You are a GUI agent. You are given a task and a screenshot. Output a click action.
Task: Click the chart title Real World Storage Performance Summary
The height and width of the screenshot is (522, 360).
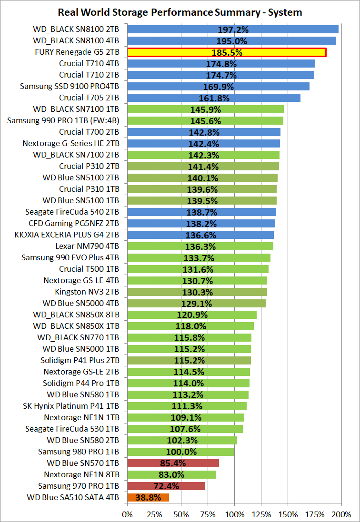[180, 12]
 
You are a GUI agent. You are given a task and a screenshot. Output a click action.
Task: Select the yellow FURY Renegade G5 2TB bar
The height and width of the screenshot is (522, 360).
[227, 52]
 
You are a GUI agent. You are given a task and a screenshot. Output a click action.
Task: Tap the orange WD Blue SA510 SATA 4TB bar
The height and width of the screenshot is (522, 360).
[148, 497]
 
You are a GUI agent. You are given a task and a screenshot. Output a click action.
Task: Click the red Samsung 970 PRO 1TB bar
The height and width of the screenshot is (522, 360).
[166, 486]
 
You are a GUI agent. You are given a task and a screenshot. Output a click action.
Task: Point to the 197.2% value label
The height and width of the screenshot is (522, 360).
[233, 30]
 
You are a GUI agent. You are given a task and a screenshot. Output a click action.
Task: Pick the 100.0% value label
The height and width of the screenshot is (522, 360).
[181, 452]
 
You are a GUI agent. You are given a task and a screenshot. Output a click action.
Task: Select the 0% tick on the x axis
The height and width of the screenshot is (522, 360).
[127, 514]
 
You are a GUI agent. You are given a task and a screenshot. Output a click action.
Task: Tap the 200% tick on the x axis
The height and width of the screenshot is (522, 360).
[341, 514]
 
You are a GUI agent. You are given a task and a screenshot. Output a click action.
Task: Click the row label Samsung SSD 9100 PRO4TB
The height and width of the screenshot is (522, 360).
[70, 86]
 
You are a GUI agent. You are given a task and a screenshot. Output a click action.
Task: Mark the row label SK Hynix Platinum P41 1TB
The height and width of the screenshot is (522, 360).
[71, 406]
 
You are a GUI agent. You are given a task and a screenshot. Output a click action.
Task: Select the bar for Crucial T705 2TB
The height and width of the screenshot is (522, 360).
[214, 98]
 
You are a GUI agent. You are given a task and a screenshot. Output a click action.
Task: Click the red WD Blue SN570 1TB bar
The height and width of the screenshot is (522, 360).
[173, 463]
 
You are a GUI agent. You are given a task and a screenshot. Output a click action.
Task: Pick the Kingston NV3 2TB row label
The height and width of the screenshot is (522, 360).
[87, 292]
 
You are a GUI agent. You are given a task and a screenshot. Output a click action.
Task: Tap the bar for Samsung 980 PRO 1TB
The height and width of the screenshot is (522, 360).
[181, 452]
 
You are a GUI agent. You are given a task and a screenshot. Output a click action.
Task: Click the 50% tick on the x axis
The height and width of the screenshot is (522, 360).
[181, 514]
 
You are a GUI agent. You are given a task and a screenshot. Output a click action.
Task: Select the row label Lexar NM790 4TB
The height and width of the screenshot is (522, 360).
[87, 246]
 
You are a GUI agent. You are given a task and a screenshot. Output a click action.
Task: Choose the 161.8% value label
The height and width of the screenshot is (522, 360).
[214, 98]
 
